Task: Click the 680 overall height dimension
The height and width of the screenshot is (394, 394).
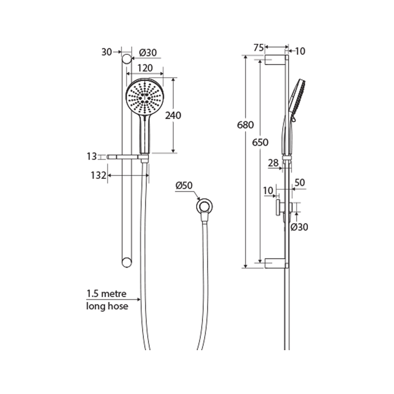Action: (245, 125)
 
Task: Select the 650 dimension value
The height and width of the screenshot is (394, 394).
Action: (260, 142)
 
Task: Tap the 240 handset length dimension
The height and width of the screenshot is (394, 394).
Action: (173, 116)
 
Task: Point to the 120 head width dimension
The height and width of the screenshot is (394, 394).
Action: (145, 68)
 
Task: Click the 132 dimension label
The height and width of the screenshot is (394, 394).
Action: (98, 175)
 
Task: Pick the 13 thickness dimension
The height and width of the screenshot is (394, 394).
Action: (92, 157)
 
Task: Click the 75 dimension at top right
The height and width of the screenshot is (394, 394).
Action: (259, 47)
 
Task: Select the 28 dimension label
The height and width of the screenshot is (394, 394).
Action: (273, 163)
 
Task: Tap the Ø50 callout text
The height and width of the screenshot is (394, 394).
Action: (184, 186)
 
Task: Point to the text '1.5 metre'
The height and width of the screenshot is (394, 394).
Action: (106, 293)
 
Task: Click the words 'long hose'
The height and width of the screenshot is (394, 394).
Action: (107, 306)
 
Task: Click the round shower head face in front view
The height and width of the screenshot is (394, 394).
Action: (145, 96)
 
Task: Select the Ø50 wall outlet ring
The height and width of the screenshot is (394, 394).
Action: (205, 206)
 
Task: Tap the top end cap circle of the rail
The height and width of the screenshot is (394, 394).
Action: (126, 59)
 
